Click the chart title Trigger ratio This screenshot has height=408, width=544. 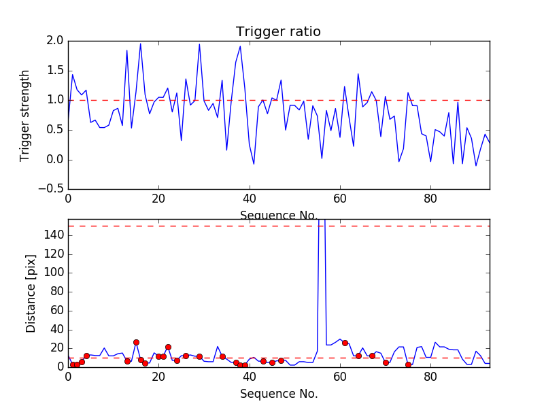(x=278, y=32)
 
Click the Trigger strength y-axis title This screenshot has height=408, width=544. (x=25, y=115)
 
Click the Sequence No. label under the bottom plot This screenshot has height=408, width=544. (x=279, y=394)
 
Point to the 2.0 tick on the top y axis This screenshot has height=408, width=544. (x=56, y=41)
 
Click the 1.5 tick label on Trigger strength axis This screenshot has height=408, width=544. (x=56, y=71)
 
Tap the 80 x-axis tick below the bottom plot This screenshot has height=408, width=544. (x=431, y=378)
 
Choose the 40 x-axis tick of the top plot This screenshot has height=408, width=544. (x=250, y=200)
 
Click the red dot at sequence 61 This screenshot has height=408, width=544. (x=345, y=343)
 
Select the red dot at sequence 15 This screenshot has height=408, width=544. (x=136, y=342)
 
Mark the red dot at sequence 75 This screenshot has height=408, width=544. (x=408, y=364)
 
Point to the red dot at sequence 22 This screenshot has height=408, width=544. (x=168, y=347)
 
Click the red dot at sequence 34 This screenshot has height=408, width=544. (x=222, y=356)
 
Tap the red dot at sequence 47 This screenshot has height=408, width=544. (x=281, y=360)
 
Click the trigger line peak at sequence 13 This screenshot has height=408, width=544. (x=127, y=50)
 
